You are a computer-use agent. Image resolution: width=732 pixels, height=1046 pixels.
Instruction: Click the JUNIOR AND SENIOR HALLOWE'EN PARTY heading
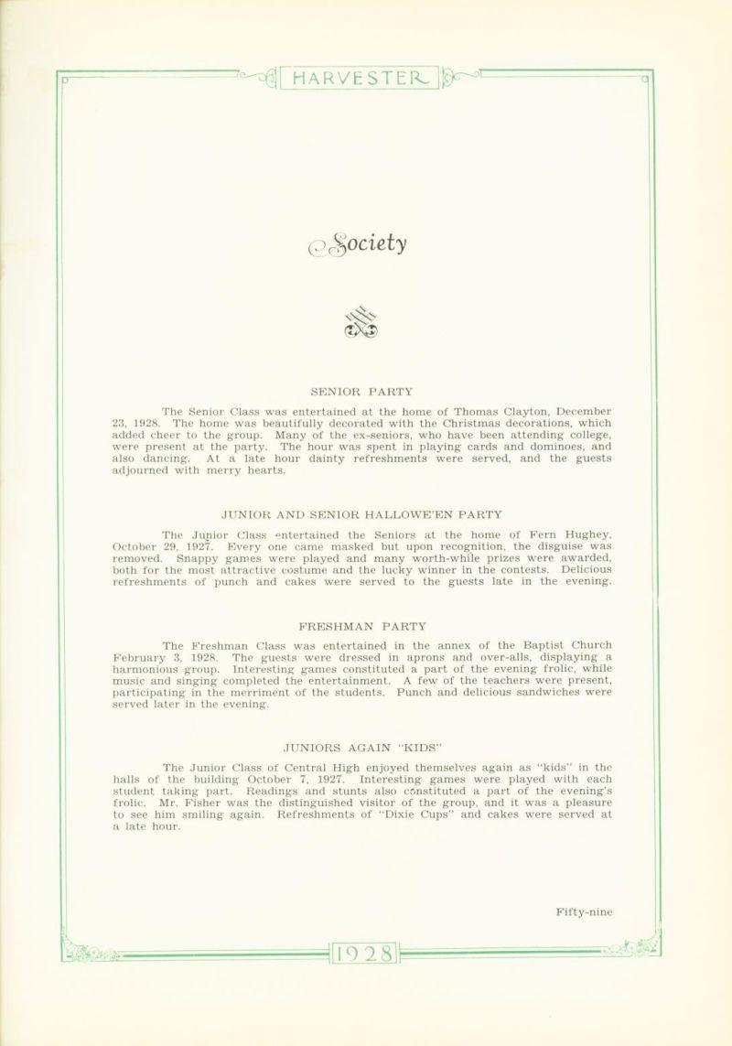[366, 513]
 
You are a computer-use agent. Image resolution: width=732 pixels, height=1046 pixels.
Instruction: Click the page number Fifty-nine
[583, 911]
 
